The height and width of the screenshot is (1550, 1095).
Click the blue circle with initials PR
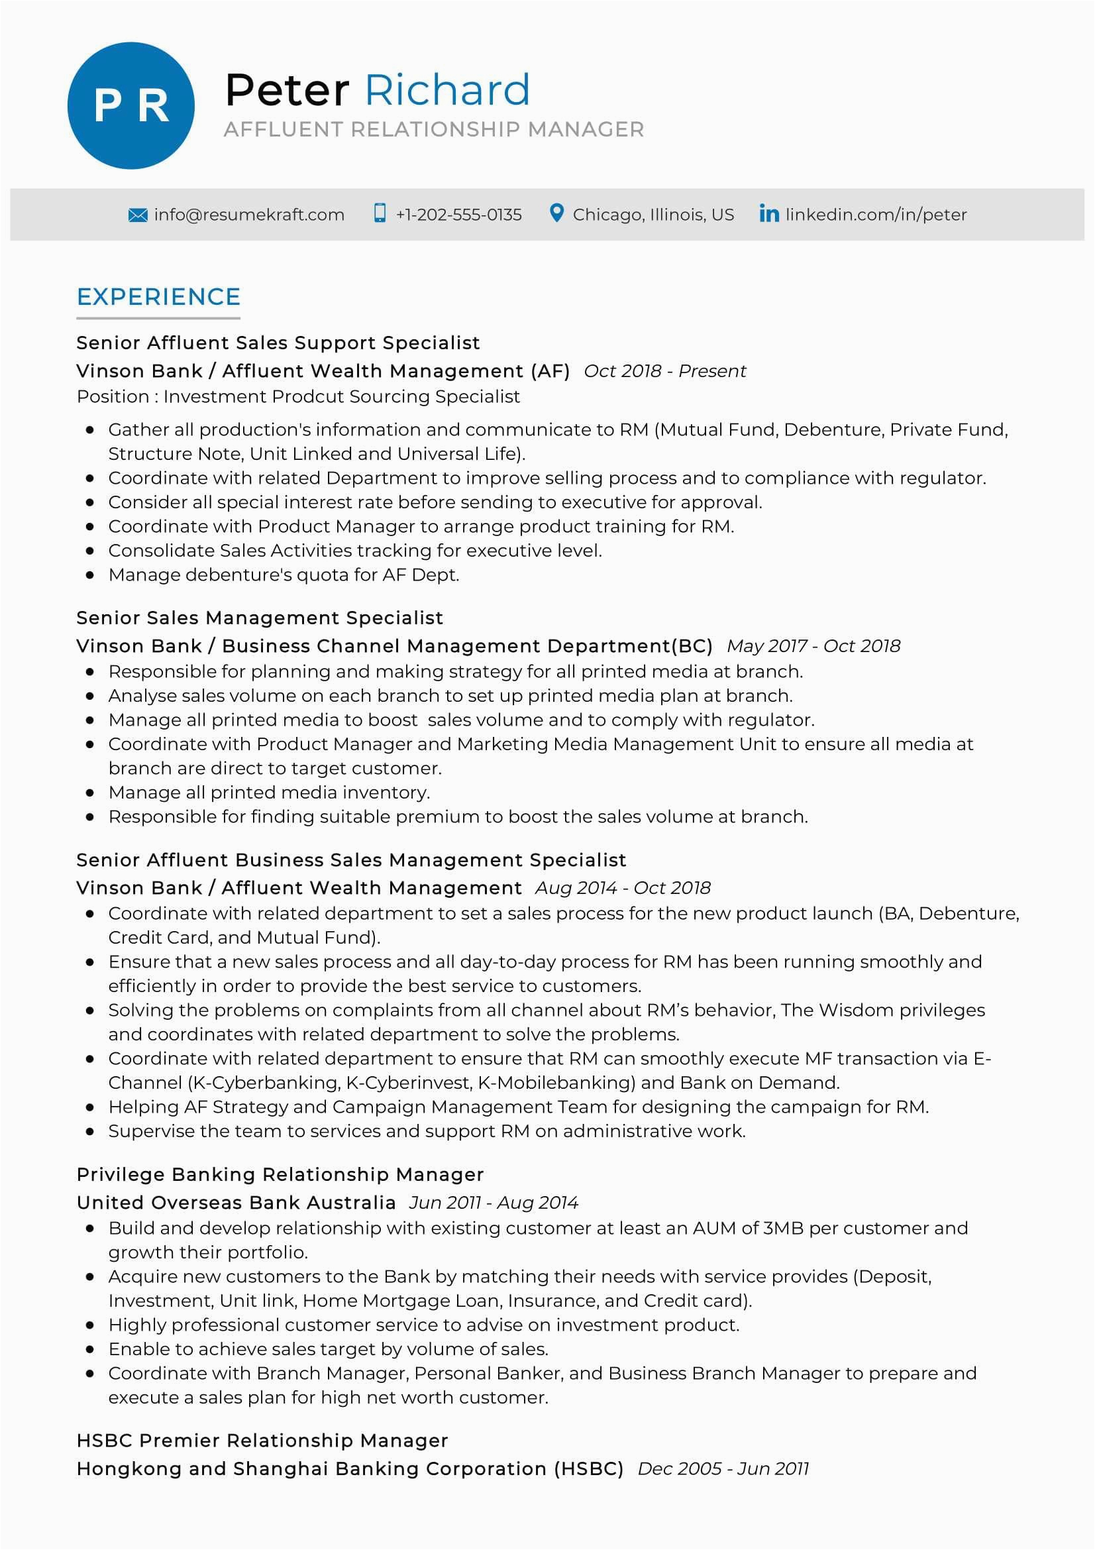[x=131, y=106]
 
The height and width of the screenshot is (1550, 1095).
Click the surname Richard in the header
[x=447, y=89]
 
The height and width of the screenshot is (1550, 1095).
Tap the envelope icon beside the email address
[x=138, y=215]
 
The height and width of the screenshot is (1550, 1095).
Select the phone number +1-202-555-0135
[x=458, y=215]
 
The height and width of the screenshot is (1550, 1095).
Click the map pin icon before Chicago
[x=556, y=213]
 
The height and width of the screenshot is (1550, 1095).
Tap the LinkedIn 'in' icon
[x=768, y=214]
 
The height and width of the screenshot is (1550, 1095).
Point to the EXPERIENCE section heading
[x=158, y=297]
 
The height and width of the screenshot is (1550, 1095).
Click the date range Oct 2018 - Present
[x=664, y=371]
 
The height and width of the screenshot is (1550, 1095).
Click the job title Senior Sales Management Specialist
[x=260, y=618]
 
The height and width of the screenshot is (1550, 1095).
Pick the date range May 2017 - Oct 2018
[x=813, y=646]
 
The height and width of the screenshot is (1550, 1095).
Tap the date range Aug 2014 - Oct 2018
[x=623, y=888]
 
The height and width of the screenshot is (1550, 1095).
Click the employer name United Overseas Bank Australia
[x=236, y=1202]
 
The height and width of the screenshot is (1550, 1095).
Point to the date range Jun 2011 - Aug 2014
[x=494, y=1202]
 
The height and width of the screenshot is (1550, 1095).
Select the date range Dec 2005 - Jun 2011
[x=723, y=1468]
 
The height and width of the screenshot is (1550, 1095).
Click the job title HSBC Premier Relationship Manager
[x=262, y=1440]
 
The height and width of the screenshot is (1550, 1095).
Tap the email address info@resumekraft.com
[x=249, y=215]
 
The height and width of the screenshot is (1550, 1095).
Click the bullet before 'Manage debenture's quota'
[x=89, y=575]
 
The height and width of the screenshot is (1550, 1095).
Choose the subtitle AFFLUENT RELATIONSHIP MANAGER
[x=434, y=129]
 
